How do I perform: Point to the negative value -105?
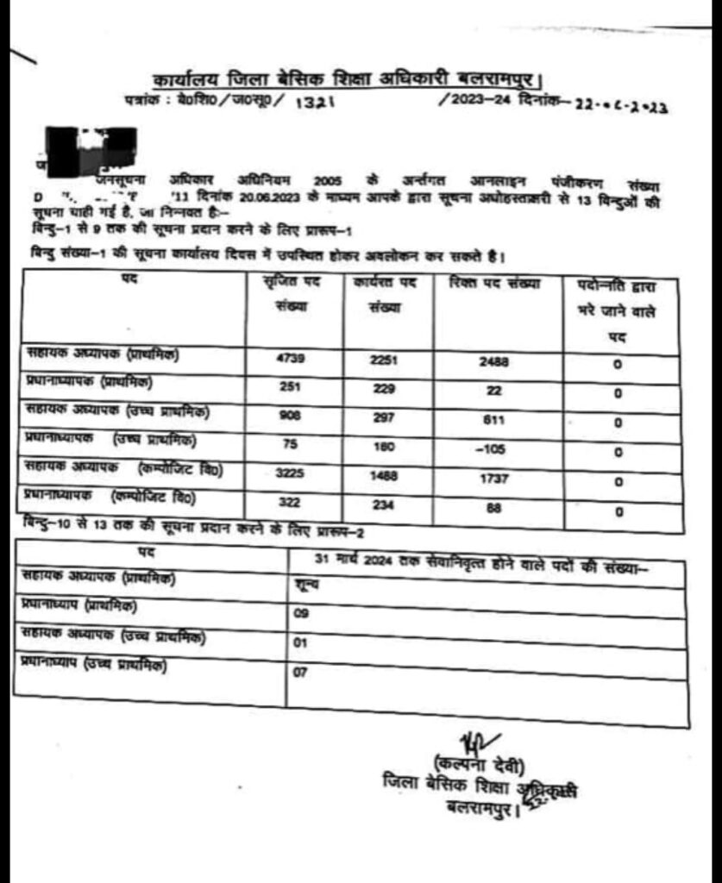coord(493,450)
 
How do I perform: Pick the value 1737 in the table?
coord(493,479)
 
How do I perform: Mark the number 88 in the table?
coord(493,508)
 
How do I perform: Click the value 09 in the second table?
coord(300,616)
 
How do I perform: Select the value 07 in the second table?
coord(300,673)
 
